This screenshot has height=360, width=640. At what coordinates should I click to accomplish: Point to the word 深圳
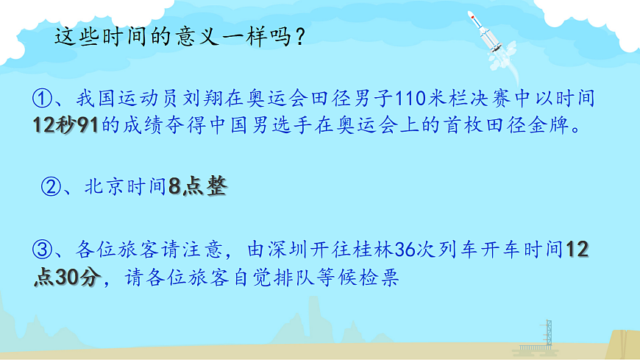[282, 250]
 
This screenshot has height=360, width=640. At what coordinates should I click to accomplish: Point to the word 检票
[380, 278]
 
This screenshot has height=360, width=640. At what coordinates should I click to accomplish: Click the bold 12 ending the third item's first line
[577, 250]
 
